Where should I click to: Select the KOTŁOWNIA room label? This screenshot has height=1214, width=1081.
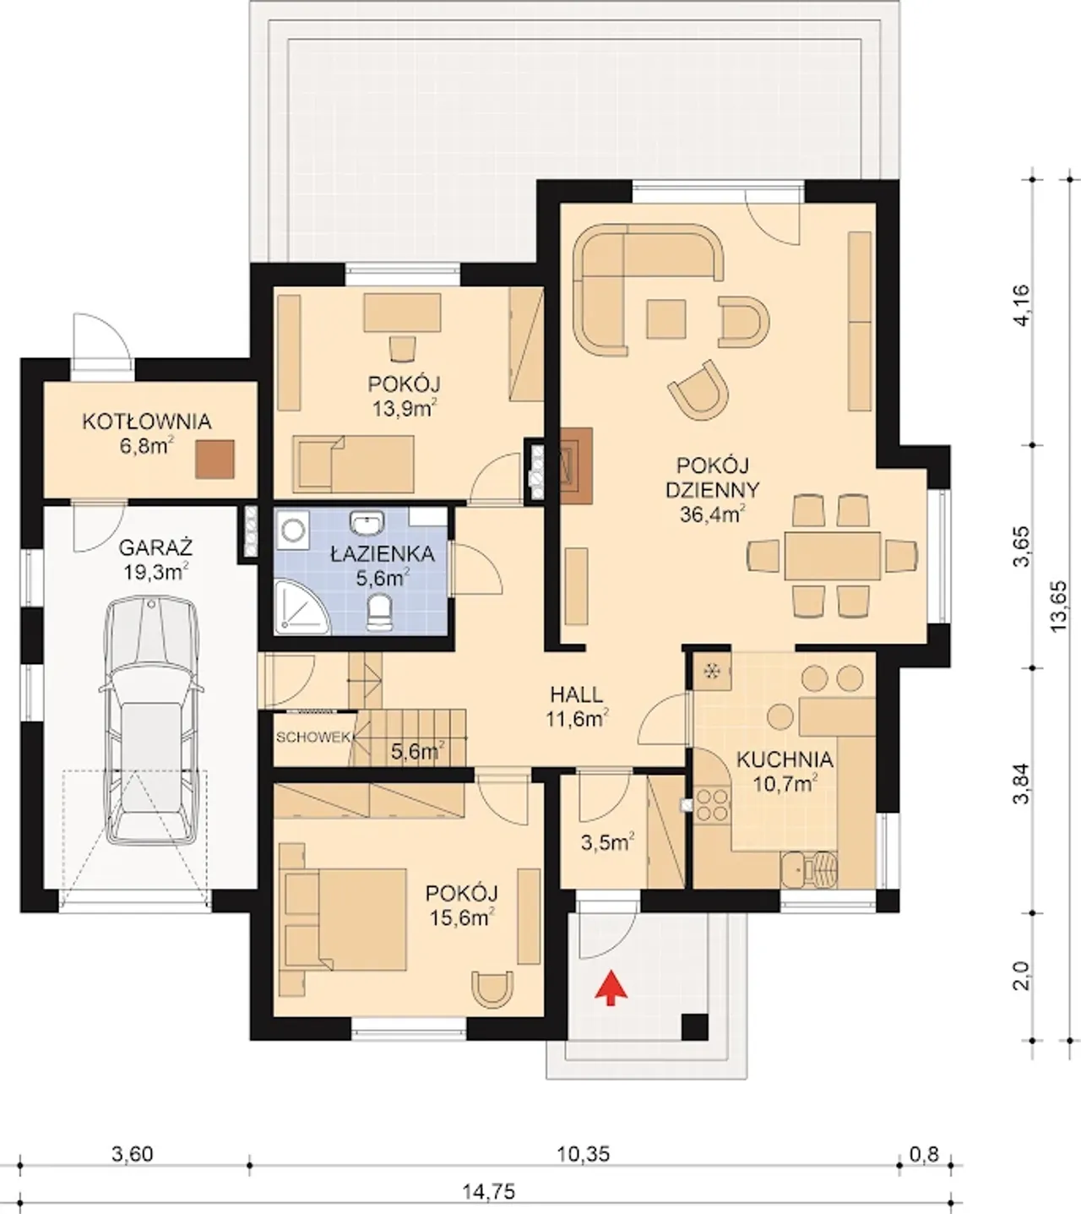[x=147, y=422]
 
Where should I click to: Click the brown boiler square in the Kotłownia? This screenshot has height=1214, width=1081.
[x=215, y=459]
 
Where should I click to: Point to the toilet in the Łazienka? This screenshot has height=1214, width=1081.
[x=378, y=612]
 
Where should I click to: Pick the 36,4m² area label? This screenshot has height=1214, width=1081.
[x=713, y=514]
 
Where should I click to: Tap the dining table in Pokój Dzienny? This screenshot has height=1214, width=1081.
[x=833, y=556]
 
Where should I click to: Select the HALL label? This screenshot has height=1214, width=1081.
[x=577, y=695]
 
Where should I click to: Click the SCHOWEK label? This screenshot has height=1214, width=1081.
[x=312, y=738]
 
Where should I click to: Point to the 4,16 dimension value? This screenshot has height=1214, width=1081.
[x=1022, y=305]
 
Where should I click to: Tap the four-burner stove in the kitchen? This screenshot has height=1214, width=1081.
[x=712, y=804]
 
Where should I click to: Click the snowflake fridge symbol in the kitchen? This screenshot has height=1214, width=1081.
[x=713, y=671]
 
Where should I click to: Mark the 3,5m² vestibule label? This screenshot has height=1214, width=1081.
[x=607, y=843]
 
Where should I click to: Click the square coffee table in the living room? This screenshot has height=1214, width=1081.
[x=665, y=319]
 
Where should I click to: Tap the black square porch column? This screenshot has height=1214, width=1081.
[x=695, y=1027]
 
